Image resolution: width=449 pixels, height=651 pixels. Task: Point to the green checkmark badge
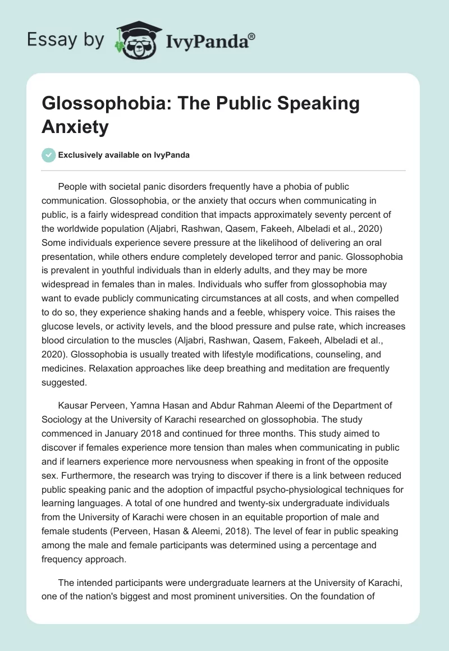pyautogui.click(x=49, y=155)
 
